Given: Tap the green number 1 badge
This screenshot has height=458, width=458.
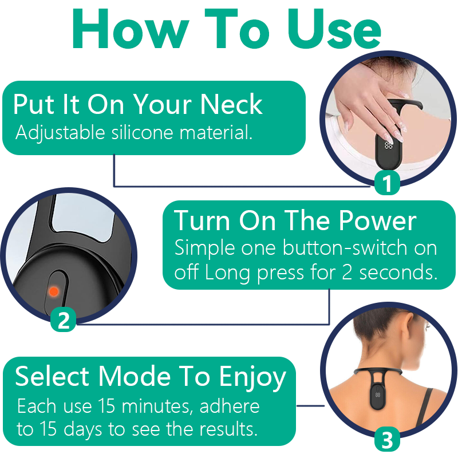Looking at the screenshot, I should pyautogui.click(x=388, y=183).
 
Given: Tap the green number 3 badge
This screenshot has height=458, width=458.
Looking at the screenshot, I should pyautogui.click(x=388, y=440).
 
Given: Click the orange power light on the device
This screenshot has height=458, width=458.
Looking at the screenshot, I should pyautogui.click(x=53, y=291).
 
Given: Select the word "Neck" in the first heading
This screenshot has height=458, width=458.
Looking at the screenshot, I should pyautogui.click(x=231, y=105).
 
